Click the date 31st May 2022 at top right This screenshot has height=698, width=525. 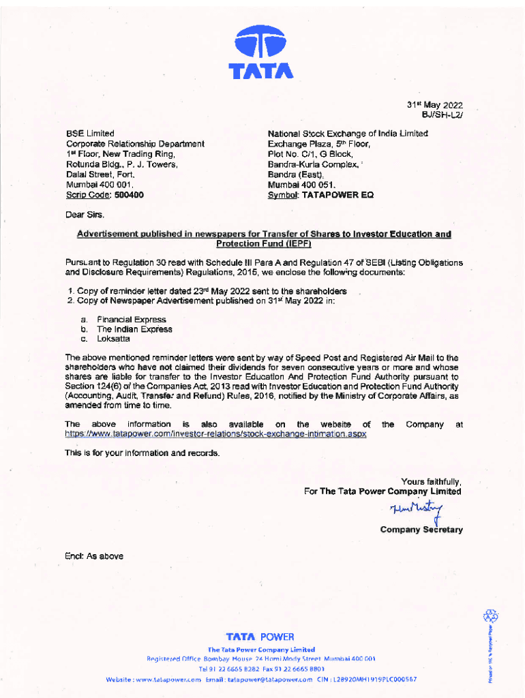coord(435,105)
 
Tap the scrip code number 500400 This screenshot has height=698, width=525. coord(129,195)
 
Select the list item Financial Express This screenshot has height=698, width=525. coord(131,319)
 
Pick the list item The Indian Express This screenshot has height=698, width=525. coord(134,329)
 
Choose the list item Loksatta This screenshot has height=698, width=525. coord(114,339)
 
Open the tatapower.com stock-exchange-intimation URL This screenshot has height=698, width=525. coord(215,434)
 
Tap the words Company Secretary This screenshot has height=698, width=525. coord(421,530)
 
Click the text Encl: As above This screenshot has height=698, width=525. coord(94,556)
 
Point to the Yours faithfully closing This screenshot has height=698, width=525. coord(431,481)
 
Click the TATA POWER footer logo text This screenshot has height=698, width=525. coord(261,637)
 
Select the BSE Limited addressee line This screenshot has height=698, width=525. coord(90,134)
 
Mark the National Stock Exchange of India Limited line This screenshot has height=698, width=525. coord(348,134)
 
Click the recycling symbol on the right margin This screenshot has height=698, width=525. coord(490,616)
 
